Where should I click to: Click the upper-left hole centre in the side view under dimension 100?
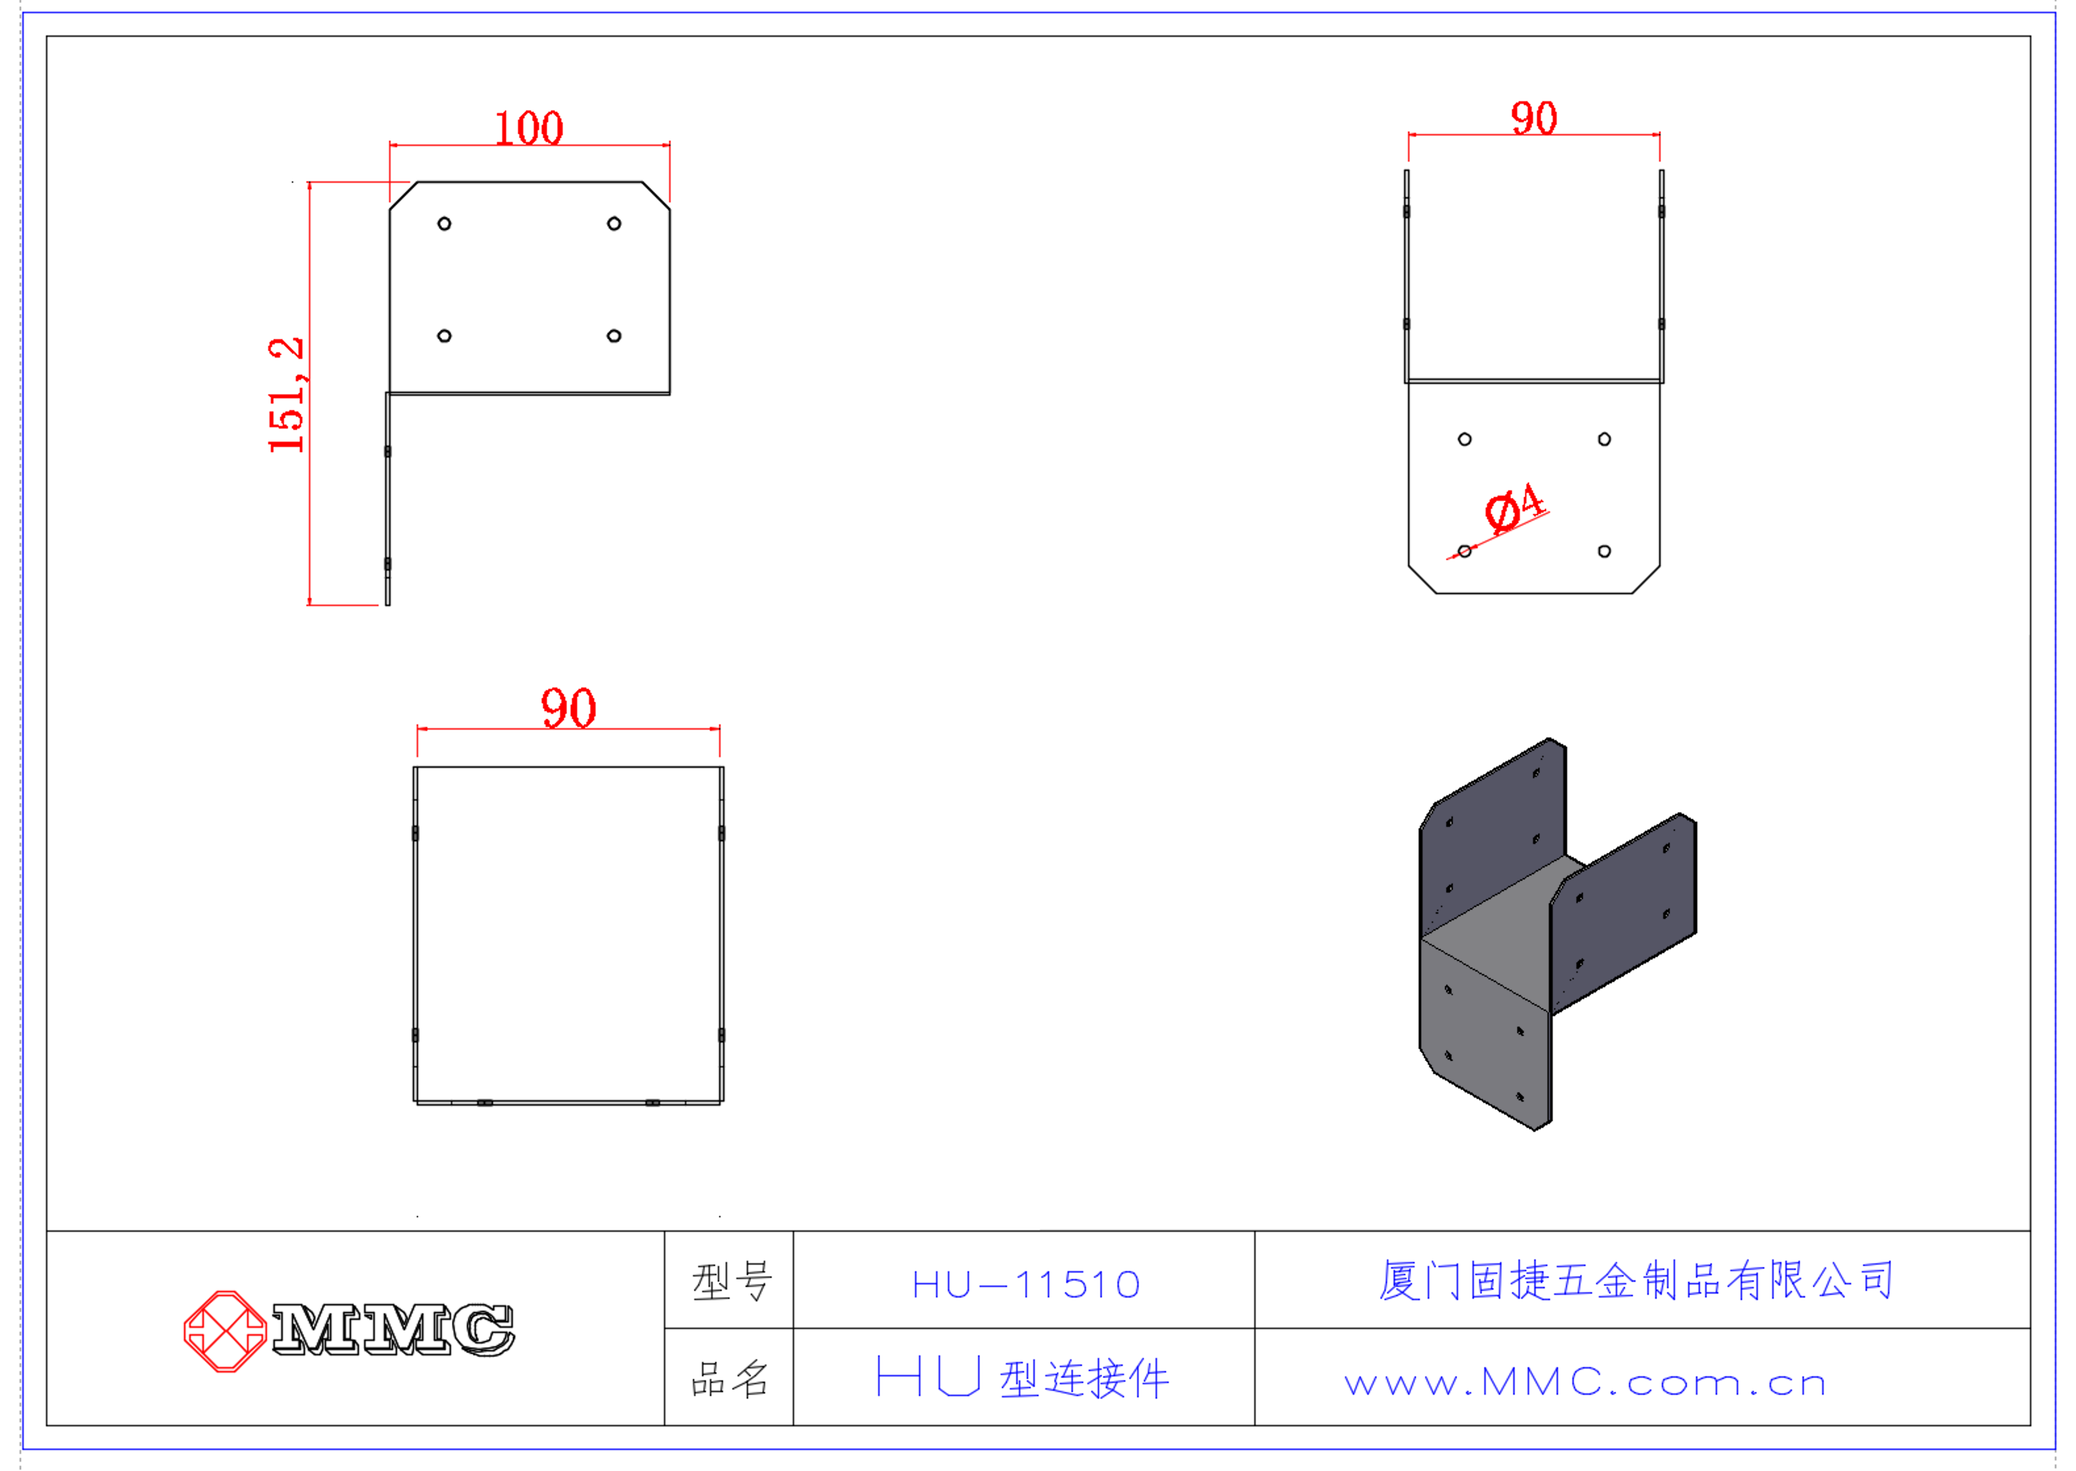(x=444, y=223)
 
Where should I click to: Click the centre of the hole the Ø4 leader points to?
(x=1465, y=551)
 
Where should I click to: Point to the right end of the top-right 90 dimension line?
(x=1659, y=135)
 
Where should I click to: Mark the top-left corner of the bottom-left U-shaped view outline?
(x=414, y=767)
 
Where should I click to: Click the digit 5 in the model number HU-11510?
(x=1074, y=1284)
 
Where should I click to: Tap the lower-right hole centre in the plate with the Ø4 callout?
(x=1604, y=551)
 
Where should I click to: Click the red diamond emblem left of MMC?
(x=225, y=1330)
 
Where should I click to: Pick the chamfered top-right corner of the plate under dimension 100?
(x=656, y=196)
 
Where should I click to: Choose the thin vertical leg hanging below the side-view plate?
(x=388, y=499)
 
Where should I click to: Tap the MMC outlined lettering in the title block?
(x=393, y=1330)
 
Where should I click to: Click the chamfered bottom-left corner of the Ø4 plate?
(x=1422, y=580)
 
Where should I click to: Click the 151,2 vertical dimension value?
(x=286, y=395)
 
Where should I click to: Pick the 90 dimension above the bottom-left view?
(x=569, y=709)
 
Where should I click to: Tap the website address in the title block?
(x=1585, y=1382)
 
